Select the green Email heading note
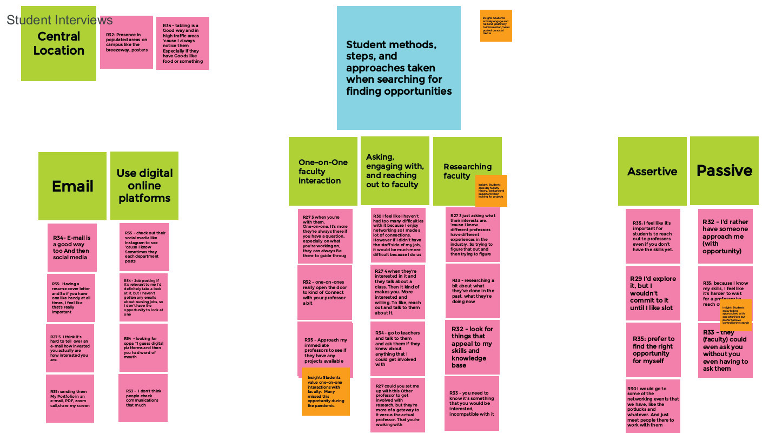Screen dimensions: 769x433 tap(72, 186)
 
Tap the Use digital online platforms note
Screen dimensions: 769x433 tap(144, 186)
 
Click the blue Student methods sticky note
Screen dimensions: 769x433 tap(399, 68)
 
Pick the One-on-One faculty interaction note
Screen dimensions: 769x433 tap(323, 171)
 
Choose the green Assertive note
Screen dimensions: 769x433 tap(652, 171)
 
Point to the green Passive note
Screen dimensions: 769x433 tap(724, 171)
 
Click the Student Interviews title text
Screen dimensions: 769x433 tap(59, 21)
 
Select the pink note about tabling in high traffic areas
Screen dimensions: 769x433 tap(182, 43)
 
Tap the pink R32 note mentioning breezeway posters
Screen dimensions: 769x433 tap(126, 42)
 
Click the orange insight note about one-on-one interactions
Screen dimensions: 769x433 tap(326, 391)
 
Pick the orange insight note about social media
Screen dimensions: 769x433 tap(496, 25)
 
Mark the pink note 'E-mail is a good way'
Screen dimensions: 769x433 tap(72, 247)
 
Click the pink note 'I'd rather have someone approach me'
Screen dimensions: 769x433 tap(725, 237)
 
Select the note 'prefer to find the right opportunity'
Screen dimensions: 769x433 tap(653, 350)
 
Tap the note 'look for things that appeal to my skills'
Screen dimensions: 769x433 tap(472, 347)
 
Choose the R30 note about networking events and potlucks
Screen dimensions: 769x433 tap(653, 406)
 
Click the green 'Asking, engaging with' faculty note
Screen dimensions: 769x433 tap(395, 171)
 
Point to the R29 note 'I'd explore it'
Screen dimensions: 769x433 tap(653, 293)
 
